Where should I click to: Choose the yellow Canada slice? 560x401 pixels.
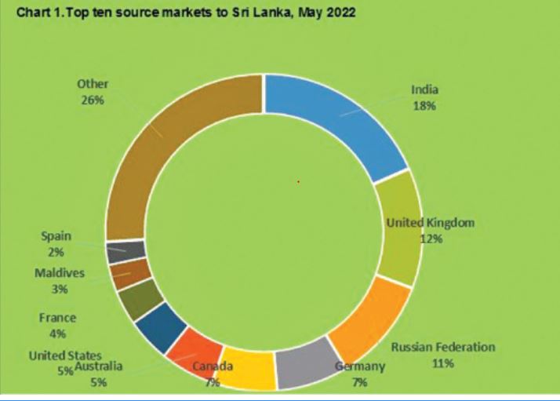pyautogui.click(x=249, y=367)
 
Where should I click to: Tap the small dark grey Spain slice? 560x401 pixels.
pyautogui.click(x=115, y=250)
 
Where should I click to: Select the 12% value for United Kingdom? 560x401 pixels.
pyautogui.click(x=431, y=238)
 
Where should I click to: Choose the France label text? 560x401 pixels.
pyautogui.click(x=57, y=318)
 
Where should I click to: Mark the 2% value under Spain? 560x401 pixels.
pyautogui.click(x=56, y=252)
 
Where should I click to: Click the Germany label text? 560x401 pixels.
pyautogui.click(x=360, y=366)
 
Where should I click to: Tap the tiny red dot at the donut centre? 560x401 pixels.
pyautogui.click(x=298, y=182)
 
